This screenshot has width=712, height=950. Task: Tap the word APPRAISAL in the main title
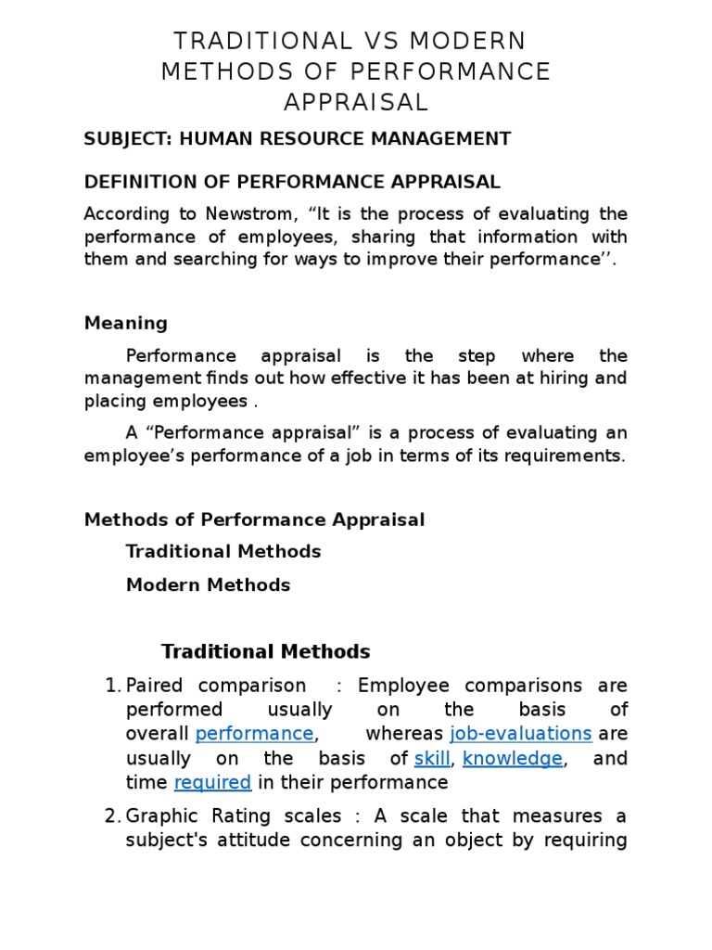(356, 101)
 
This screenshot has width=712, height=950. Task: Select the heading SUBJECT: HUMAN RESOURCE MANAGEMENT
(298, 139)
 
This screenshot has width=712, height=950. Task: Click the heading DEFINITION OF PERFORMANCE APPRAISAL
(292, 182)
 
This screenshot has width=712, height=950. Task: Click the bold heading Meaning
(126, 323)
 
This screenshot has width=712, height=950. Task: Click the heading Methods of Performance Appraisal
(254, 520)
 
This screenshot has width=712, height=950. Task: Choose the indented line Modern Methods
(208, 584)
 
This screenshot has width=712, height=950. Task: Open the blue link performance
(255, 734)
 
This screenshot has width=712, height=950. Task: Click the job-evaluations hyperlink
(520, 734)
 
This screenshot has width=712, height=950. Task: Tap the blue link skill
(431, 758)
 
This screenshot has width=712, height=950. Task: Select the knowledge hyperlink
(513, 758)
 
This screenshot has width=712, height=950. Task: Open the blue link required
(212, 782)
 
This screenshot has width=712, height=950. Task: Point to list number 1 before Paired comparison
(113, 686)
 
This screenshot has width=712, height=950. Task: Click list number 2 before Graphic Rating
(113, 816)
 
